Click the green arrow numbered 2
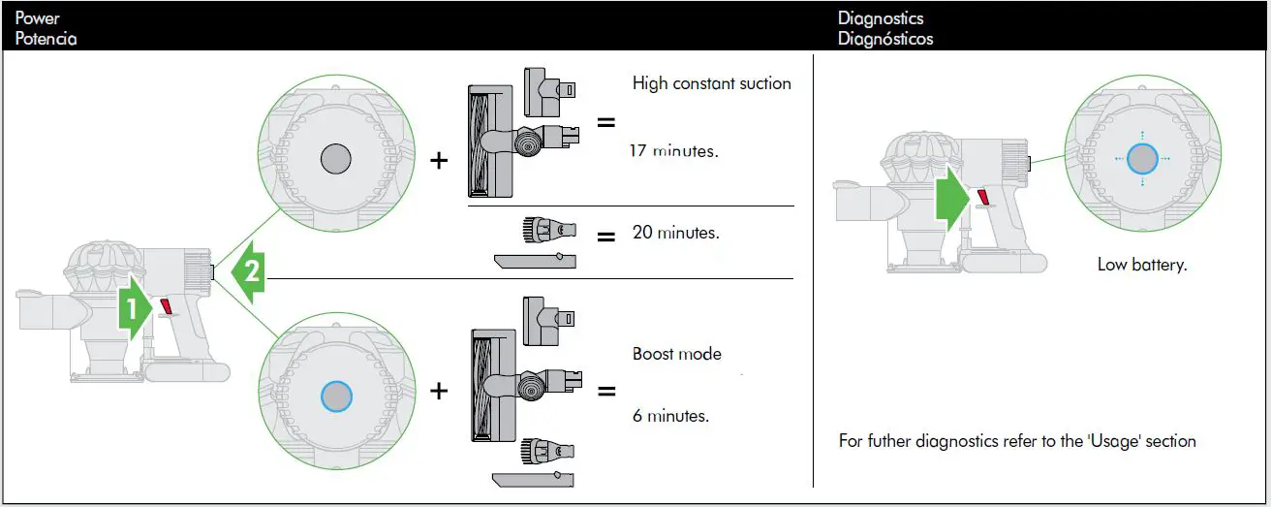click(x=248, y=272)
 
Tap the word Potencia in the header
click(x=46, y=39)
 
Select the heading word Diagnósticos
click(x=885, y=39)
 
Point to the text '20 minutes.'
click(x=675, y=234)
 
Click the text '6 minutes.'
click(x=670, y=416)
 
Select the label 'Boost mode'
click(x=676, y=354)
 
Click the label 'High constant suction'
click(x=711, y=83)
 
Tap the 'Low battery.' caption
click(x=1142, y=264)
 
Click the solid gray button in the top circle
click(x=336, y=157)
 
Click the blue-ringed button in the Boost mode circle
click(x=336, y=396)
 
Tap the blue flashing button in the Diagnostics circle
click(x=1142, y=158)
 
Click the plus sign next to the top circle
click(x=439, y=161)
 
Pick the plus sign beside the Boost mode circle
click(x=439, y=392)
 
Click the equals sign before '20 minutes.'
click(x=606, y=236)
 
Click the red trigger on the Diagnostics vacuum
click(x=983, y=198)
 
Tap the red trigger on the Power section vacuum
click(x=166, y=308)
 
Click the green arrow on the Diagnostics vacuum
click(x=952, y=199)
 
